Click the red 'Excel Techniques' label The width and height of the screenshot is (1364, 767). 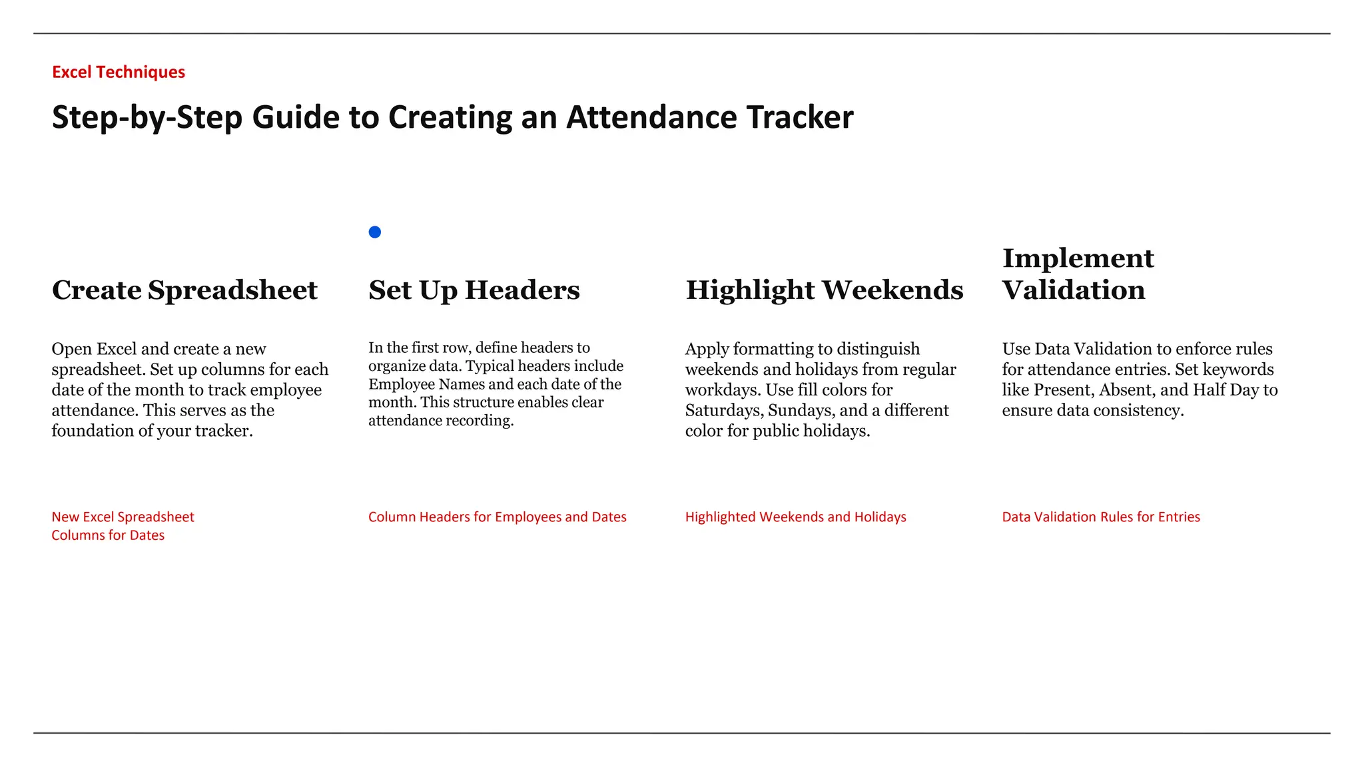tap(119, 72)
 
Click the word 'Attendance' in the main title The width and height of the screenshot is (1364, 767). tap(651, 117)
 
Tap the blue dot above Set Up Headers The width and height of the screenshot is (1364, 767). tap(375, 232)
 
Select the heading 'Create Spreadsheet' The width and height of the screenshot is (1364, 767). tap(184, 290)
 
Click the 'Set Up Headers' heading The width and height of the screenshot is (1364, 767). tap(474, 290)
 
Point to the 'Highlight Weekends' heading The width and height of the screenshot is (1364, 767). tap(824, 290)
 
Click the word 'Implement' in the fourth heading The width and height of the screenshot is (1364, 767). tap(1078, 258)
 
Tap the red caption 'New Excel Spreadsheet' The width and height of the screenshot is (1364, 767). tap(123, 517)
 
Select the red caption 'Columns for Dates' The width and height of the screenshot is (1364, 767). tap(108, 535)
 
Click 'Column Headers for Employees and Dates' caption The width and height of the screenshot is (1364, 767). tap(497, 517)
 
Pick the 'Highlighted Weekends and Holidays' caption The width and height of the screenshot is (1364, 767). tap(795, 517)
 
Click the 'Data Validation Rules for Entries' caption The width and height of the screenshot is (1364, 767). tap(1100, 517)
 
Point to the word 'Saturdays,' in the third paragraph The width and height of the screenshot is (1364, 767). tap(724, 411)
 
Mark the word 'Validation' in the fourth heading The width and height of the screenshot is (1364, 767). tap(1073, 290)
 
